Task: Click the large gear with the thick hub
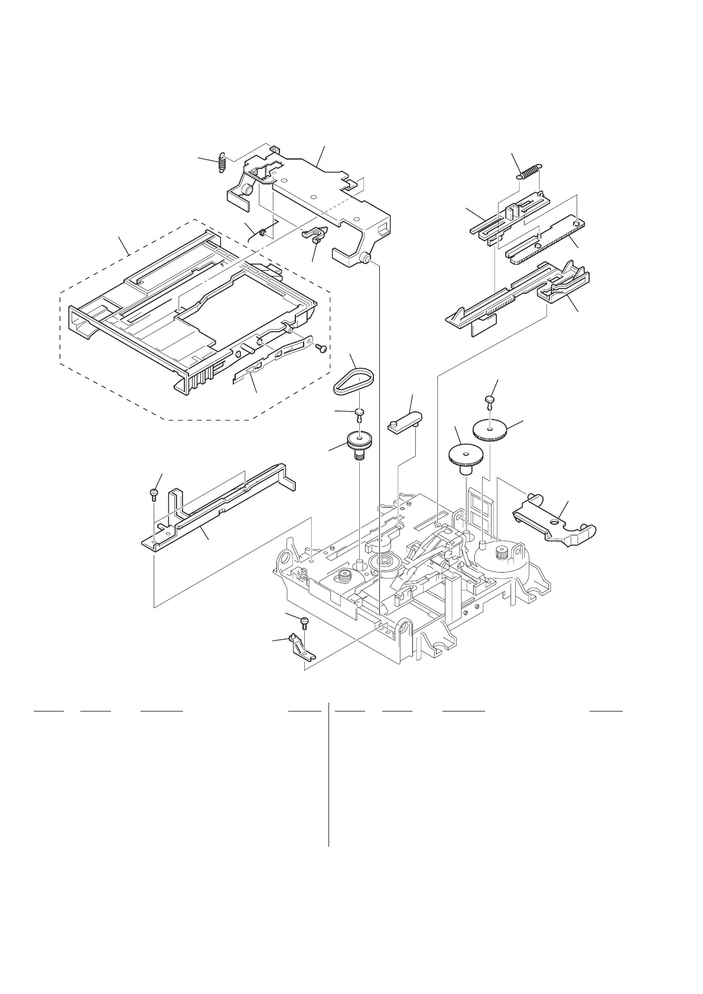465,458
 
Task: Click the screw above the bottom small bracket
305,622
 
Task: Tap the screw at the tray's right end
321,349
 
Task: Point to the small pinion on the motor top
503,553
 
